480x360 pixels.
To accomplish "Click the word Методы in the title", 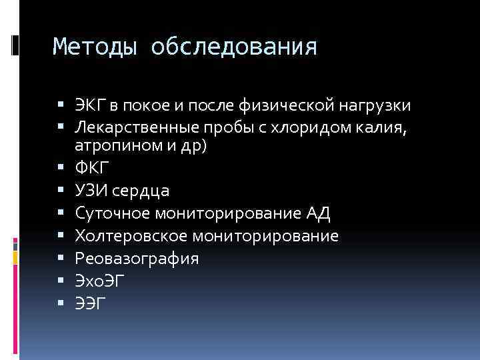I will [x=95, y=47].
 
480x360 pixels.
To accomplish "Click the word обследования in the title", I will [x=234, y=47].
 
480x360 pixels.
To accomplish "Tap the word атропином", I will [x=115, y=148].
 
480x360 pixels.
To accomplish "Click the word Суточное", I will [x=113, y=213].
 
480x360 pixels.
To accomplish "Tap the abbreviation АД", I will [x=317, y=213].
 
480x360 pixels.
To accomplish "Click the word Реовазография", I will [x=137, y=259].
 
